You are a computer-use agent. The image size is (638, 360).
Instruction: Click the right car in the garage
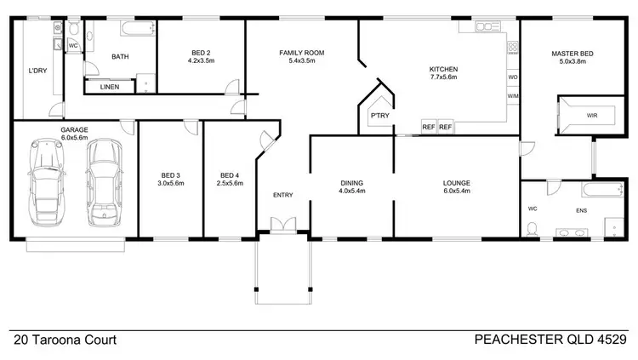pyautogui.click(x=104, y=180)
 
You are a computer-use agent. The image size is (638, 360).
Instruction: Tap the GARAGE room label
pyautogui.click(x=74, y=130)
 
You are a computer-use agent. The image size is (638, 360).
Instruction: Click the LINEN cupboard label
pyautogui.click(x=110, y=87)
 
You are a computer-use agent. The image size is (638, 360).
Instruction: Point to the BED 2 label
pyautogui.click(x=202, y=53)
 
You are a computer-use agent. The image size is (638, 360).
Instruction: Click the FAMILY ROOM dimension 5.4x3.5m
pyautogui.click(x=302, y=62)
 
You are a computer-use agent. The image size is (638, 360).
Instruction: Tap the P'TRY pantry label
pyautogui.click(x=378, y=115)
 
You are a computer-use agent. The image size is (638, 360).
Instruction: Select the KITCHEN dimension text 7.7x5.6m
pyautogui.click(x=443, y=77)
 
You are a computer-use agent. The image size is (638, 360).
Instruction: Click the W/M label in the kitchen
pyautogui.click(x=513, y=96)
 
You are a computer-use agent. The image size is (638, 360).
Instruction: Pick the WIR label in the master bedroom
pyautogui.click(x=591, y=115)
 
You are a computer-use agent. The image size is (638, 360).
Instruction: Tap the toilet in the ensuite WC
pyautogui.click(x=533, y=226)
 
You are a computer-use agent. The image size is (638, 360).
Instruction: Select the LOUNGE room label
pyautogui.click(x=456, y=182)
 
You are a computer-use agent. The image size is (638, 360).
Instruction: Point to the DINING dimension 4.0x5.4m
pyautogui.click(x=351, y=191)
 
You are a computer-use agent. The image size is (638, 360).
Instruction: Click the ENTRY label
pyautogui.click(x=282, y=195)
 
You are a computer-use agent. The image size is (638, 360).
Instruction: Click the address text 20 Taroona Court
pyautogui.click(x=65, y=340)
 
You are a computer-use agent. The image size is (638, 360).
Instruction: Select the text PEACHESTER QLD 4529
pyautogui.click(x=550, y=340)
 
